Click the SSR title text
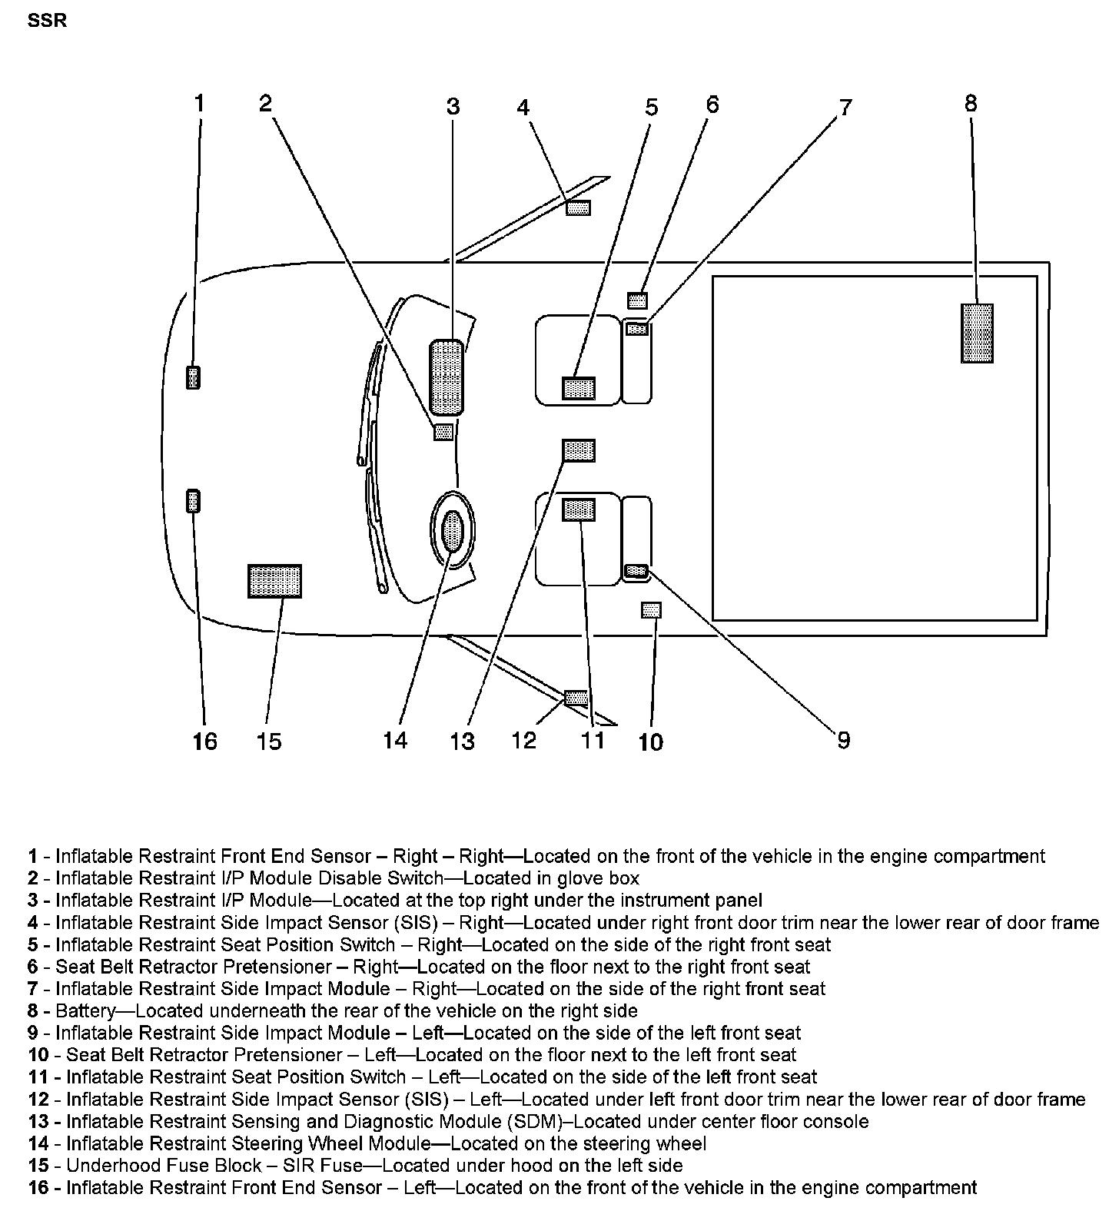[x=47, y=21]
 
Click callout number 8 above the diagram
[x=971, y=104]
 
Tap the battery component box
[x=977, y=333]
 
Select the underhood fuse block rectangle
[x=274, y=581]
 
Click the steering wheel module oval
[x=453, y=531]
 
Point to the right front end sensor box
[x=194, y=377]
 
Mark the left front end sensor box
[x=194, y=501]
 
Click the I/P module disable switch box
[x=443, y=433]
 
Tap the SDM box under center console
[x=579, y=450]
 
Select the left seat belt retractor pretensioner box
[x=651, y=610]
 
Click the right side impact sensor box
[x=578, y=207]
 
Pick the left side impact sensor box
[x=576, y=698]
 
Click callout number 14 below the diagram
[x=395, y=741]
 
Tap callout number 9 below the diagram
[x=843, y=741]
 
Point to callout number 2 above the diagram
[x=265, y=103]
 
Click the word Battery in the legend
[x=85, y=1010]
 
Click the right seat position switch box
[x=579, y=388]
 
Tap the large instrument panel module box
[x=447, y=378]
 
